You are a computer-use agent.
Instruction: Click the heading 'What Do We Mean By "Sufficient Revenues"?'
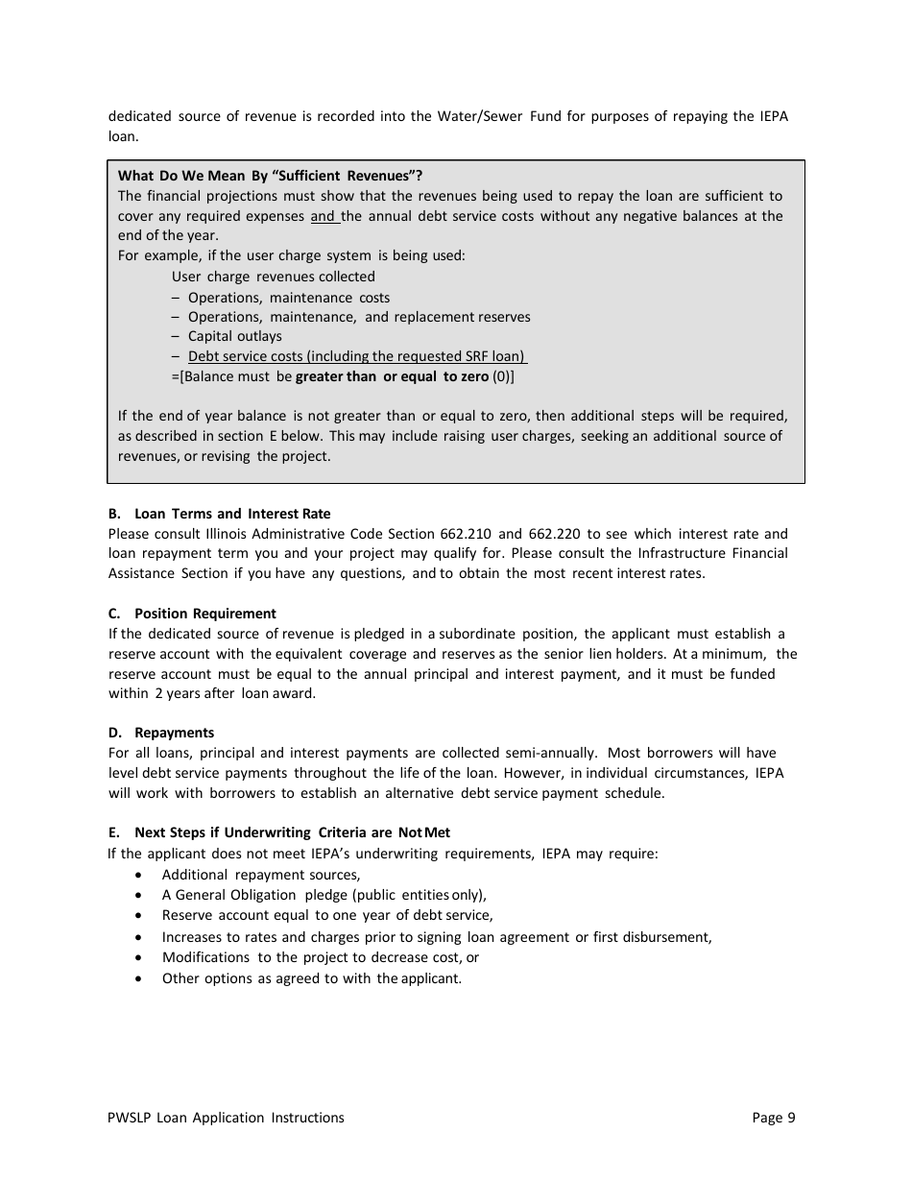click(270, 176)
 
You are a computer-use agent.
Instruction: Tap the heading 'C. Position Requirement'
click(192, 614)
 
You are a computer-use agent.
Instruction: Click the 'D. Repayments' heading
click(161, 733)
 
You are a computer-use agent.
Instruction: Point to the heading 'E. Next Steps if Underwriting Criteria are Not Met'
click(279, 832)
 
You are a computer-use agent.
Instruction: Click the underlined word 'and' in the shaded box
click(323, 216)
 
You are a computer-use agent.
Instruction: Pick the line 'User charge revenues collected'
click(274, 277)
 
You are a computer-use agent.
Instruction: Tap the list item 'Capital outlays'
click(234, 336)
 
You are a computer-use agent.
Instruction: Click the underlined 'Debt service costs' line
click(356, 356)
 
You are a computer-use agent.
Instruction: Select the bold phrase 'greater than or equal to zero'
click(392, 376)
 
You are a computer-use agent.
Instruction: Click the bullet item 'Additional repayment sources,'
click(261, 875)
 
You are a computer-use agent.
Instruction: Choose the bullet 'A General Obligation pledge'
click(324, 895)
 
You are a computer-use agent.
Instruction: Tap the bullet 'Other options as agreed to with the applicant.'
click(311, 978)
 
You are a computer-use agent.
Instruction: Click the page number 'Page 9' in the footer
click(774, 1117)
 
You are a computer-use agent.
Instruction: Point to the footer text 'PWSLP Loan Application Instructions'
click(227, 1117)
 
